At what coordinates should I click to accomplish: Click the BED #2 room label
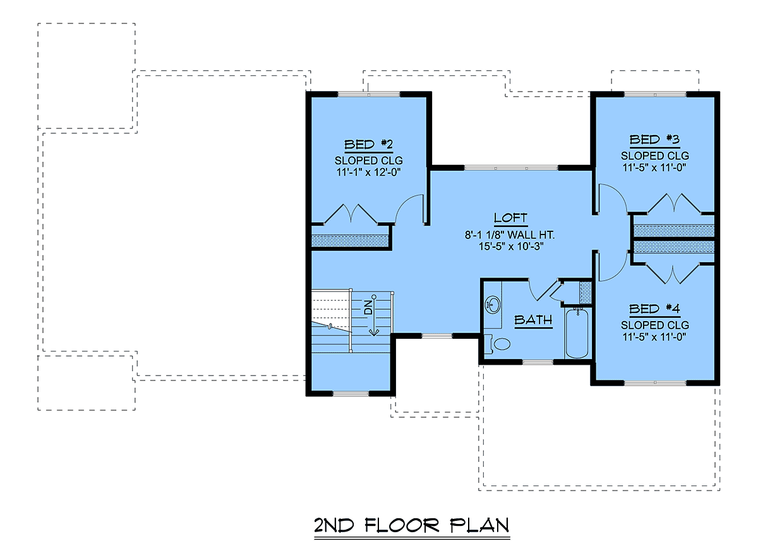tap(368, 144)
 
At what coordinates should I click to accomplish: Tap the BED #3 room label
tap(654, 140)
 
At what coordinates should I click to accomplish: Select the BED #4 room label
tap(654, 309)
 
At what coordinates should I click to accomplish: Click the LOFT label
tap(510, 218)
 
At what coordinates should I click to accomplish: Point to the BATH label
tap(533, 320)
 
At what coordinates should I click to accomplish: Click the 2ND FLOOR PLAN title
tap(411, 525)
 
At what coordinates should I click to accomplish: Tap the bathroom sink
tap(493, 305)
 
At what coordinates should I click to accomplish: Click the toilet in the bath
tap(497, 343)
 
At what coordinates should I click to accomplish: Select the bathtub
tap(577, 333)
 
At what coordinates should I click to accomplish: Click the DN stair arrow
tap(374, 315)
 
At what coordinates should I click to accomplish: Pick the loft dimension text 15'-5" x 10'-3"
tap(510, 247)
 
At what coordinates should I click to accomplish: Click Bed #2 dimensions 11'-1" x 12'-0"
tap(368, 172)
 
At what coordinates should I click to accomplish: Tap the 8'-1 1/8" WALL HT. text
tap(509, 235)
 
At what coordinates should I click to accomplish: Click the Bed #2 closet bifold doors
tap(351, 214)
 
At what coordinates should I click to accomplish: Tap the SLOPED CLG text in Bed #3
tap(655, 156)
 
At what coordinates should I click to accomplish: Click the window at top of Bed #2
tap(369, 94)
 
